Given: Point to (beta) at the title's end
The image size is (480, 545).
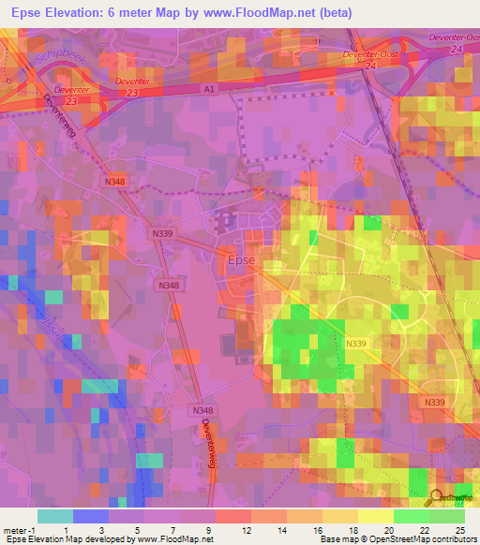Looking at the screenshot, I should click(x=390, y=13).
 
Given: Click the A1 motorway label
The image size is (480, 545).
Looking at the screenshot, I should click(x=209, y=87).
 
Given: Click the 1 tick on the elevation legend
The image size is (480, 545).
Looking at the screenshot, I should click(x=66, y=530).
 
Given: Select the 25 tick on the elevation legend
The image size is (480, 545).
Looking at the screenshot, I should click(x=459, y=530).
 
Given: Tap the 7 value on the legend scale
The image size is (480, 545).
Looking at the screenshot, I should click(x=173, y=530).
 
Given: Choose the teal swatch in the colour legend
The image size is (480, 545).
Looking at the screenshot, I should click(x=55, y=516).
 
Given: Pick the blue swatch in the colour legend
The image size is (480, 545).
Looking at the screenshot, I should click(x=91, y=516).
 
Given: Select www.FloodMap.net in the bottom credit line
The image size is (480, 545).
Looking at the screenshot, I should click(x=176, y=539).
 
